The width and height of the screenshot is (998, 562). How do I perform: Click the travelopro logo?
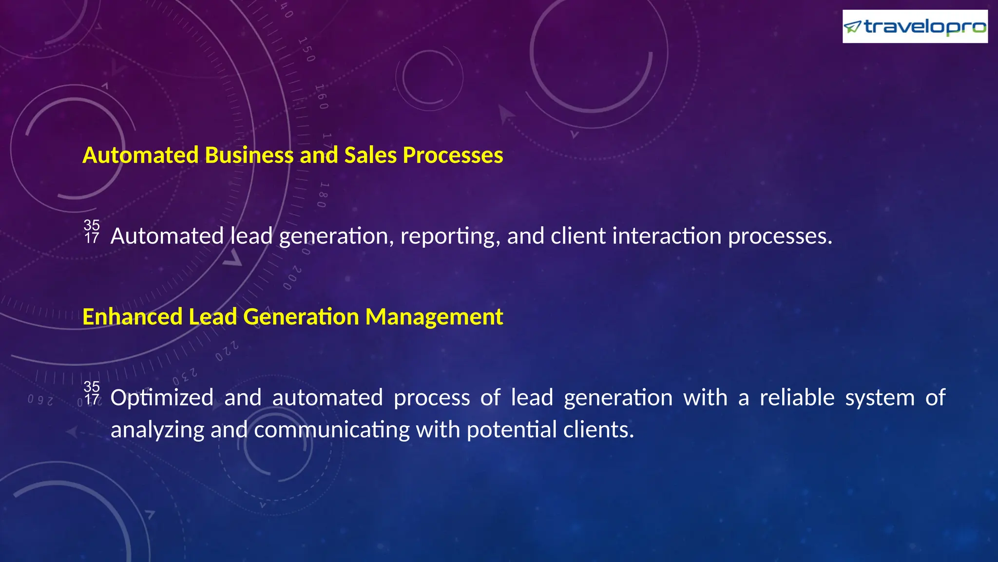pos(915,26)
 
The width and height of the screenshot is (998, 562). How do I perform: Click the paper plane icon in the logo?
pos(852,27)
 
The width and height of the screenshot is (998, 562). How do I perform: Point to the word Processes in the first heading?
pos(453,155)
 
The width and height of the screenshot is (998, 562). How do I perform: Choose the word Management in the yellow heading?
pos(434,317)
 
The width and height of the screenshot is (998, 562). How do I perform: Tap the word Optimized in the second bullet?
pos(162,398)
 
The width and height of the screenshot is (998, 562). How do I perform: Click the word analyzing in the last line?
pos(157,430)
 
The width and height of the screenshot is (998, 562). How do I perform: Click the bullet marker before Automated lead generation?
pos(92,232)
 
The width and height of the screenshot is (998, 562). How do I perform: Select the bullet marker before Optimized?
pos(92,393)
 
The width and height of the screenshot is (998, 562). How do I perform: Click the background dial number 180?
pos(323,195)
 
